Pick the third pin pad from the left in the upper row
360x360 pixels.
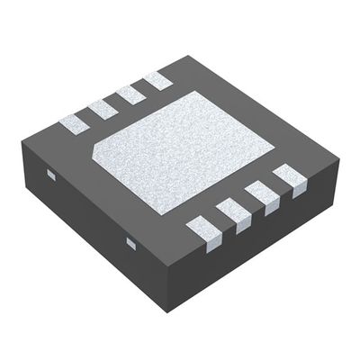coord(130,94)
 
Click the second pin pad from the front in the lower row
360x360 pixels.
coord(232,213)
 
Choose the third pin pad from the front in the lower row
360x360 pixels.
coord(261,193)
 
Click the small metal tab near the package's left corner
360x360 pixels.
coord(50,176)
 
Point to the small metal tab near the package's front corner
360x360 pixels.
coord(130,243)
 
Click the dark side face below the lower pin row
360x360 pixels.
coord(261,243)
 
